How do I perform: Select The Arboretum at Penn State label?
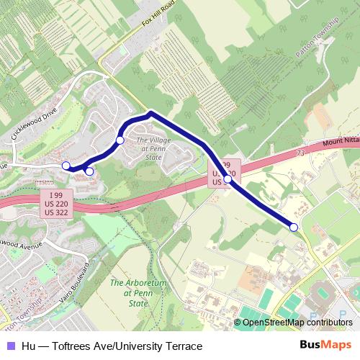(130, 293)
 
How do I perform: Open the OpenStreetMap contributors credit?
(297, 323)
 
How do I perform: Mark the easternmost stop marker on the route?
(294, 228)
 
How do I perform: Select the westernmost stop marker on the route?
(66, 166)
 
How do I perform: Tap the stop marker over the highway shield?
(228, 179)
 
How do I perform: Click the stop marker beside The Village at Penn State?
(120, 140)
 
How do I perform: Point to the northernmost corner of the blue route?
(150, 113)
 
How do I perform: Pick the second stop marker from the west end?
(89, 171)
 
